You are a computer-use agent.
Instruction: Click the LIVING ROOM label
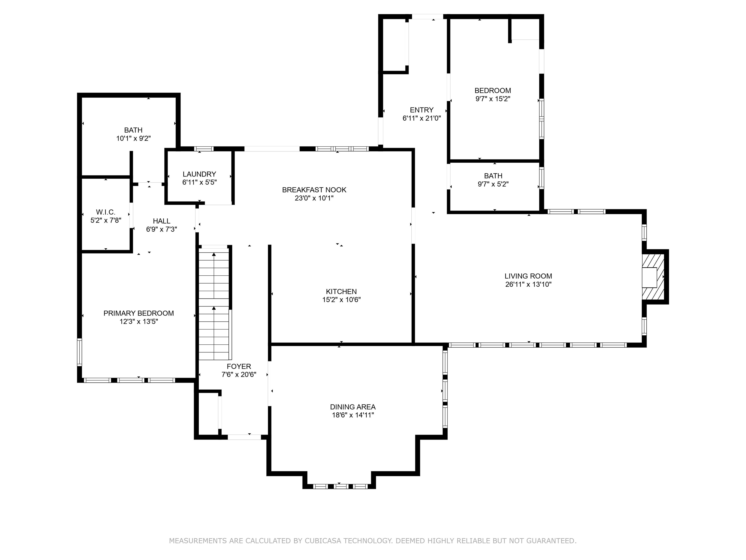[x=528, y=276]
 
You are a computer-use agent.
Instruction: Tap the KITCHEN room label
[x=341, y=292]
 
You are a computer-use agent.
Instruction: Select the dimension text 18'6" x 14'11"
[x=353, y=415]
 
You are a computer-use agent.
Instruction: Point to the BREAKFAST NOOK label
[x=314, y=190]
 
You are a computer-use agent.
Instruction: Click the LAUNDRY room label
[x=199, y=174]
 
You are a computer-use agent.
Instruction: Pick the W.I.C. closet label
[x=106, y=212]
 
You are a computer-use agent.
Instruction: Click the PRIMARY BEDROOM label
[x=139, y=313]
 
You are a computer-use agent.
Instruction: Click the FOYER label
[x=239, y=367]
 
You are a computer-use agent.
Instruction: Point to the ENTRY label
[x=422, y=110]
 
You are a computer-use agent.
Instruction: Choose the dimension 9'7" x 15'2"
[x=493, y=99]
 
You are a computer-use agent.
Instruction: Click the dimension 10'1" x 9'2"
[x=133, y=138]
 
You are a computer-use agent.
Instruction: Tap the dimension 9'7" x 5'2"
[x=493, y=184]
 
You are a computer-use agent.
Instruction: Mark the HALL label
[x=161, y=221]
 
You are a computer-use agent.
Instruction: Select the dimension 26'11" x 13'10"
[x=528, y=285]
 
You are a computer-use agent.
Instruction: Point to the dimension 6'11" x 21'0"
[x=422, y=118]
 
